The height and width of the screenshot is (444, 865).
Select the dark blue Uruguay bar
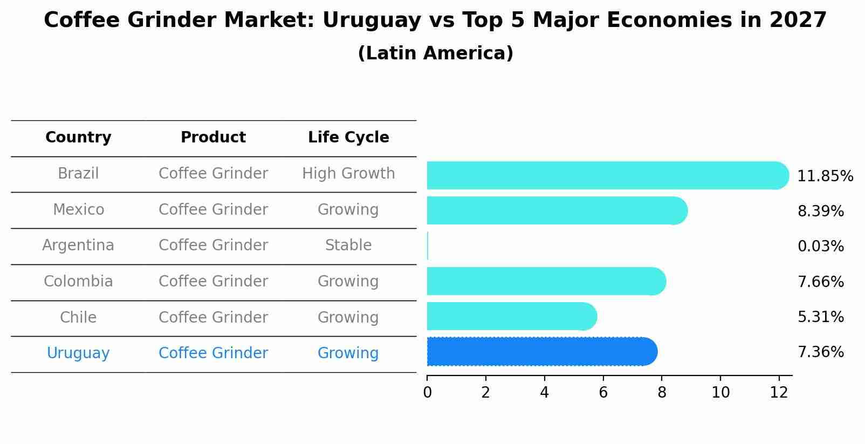pos(539,352)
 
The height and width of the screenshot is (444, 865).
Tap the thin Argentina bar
pos(428,246)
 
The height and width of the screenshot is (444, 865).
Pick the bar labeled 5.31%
pos(510,316)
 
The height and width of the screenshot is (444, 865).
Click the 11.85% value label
pos(825,176)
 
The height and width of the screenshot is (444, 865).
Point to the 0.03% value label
pos(820,247)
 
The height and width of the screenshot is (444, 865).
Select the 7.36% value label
pos(820,352)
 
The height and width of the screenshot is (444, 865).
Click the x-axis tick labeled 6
pos(603,393)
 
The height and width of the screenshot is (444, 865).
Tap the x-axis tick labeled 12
pos(779,393)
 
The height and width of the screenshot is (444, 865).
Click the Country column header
pos(78,138)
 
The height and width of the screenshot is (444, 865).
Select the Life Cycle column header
pos(348,138)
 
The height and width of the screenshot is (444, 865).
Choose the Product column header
pos(213,138)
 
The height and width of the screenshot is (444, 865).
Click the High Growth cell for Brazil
pos(348,174)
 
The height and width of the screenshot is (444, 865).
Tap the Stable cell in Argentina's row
pos(348,245)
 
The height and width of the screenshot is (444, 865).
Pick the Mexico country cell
pos(78,209)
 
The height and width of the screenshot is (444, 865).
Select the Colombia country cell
pos(78,282)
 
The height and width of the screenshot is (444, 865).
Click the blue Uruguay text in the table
pos(78,353)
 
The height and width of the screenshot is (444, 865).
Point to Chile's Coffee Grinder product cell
pos(213,317)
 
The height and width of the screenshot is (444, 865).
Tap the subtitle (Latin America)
pos(435,53)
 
